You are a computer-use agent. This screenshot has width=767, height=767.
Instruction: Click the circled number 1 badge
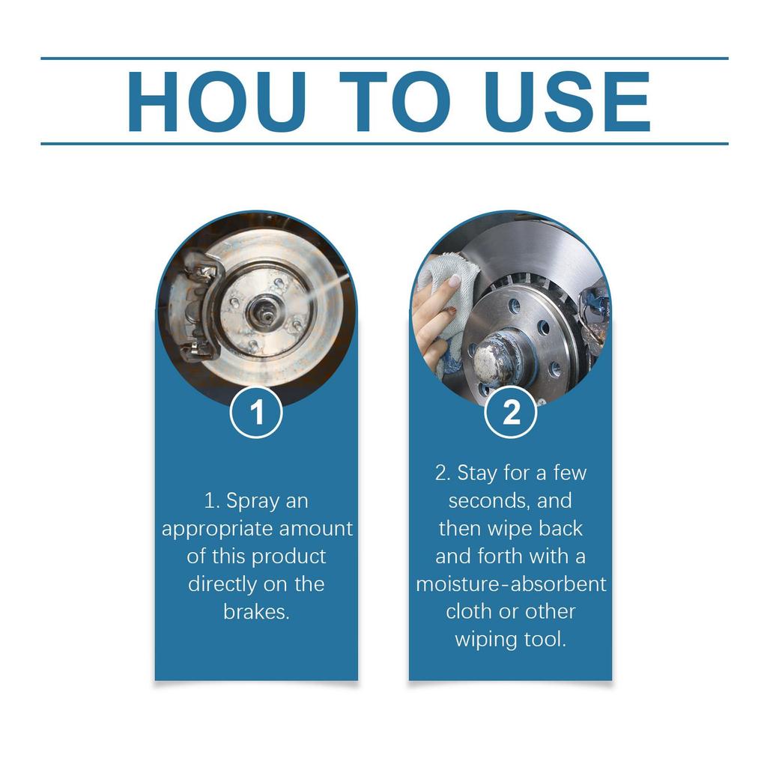(x=256, y=413)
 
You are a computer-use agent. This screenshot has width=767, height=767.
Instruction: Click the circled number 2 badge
(x=511, y=413)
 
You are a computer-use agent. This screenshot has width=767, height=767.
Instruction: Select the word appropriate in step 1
(x=217, y=529)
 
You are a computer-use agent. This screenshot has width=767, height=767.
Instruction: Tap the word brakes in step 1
(x=255, y=611)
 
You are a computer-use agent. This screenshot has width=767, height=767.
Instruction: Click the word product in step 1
(x=289, y=557)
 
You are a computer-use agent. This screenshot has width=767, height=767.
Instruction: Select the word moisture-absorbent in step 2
(x=511, y=583)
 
